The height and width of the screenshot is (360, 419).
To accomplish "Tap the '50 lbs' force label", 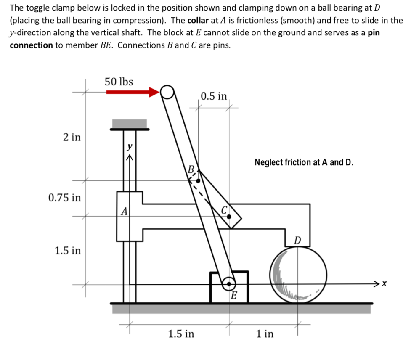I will pos(119,81).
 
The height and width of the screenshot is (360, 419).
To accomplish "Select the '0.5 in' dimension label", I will pos(213,96).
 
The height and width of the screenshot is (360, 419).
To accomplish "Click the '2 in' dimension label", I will pos(72,137).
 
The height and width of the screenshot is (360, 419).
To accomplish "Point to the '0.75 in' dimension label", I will pos(65,197).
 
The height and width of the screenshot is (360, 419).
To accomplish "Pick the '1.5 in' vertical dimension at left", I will pos(67,251).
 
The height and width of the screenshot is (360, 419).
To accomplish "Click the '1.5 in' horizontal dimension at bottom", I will pos(181,334).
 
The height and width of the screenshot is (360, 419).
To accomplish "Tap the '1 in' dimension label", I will pos(265,334).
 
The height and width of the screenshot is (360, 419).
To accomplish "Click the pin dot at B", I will pos(198,180).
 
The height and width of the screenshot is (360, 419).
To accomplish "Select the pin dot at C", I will pos(229,217).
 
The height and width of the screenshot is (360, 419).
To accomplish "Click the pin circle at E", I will pos(229,283).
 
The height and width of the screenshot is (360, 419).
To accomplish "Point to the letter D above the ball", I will pos(297,240).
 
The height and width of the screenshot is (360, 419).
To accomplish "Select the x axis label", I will pos(384,284).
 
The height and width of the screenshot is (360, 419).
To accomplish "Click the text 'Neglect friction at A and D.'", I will pos(304,162).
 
